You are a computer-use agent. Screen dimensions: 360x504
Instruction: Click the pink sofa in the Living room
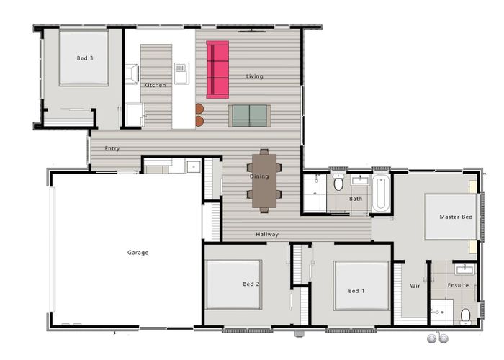pos(217,69)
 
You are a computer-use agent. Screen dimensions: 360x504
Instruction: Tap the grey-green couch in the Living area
pos(249,115)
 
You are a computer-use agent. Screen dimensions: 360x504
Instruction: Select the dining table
pos(264,181)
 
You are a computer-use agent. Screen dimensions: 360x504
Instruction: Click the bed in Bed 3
pos(84,58)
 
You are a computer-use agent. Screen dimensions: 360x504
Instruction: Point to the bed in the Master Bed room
pos(450,217)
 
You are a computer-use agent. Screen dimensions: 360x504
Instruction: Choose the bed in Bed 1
pos(361,285)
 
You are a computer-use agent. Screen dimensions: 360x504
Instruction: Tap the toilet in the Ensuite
pos(465,315)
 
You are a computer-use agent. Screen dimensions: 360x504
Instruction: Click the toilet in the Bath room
pos(338,184)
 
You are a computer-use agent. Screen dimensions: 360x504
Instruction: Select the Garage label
pos(138,253)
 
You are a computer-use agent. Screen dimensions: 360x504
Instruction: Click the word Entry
pos(112,149)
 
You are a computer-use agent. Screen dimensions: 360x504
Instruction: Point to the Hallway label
pos(267,234)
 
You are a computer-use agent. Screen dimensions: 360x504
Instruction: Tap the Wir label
pos(415,286)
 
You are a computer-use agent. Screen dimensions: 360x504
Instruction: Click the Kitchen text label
pos(155,85)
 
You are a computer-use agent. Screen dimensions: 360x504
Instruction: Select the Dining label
pos(258,176)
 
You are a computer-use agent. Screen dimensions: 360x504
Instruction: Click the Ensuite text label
pos(458,285)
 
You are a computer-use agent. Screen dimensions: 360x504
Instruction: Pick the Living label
pos(255,76)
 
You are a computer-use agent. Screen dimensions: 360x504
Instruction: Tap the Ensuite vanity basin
pos(464,269)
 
